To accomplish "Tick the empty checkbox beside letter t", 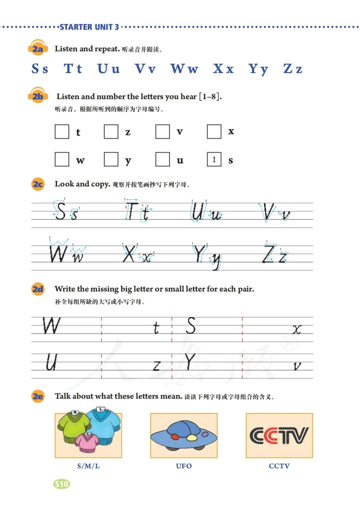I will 62,132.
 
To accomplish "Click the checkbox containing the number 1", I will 214,159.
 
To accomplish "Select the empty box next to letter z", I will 111,132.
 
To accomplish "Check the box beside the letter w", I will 62,159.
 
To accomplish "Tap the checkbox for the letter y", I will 111,159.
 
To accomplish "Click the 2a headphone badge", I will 38,49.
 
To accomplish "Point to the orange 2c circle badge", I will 38,184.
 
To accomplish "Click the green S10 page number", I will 62,484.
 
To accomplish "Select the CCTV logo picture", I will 279,435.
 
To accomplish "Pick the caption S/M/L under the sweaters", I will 88,466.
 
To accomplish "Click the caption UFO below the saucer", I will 184,466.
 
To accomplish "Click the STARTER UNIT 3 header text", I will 89,27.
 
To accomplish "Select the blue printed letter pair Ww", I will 184,69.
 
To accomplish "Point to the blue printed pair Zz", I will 293,69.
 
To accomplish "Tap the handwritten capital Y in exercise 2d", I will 190,362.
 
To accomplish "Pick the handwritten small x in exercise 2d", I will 297,330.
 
